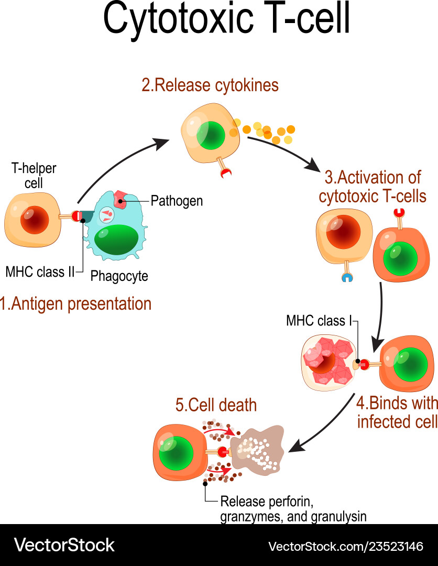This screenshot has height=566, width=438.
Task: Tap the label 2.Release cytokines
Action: click(x=210, y=85)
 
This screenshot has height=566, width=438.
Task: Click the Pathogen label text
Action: click(x=177, y=201)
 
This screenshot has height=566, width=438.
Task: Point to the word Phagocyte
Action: click(x=119, y=276)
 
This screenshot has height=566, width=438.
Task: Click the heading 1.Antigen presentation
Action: click(x=76, y=303)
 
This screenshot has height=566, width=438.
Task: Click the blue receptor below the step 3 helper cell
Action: click(x=346, y=277)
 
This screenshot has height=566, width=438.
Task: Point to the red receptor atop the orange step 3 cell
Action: click(x=399, y=213)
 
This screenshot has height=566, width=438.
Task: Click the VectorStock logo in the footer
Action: click(x=64, y=545)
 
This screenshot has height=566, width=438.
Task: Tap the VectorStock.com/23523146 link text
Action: click(x=345, y=546)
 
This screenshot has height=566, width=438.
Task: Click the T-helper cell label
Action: click(x=34, y=176)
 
